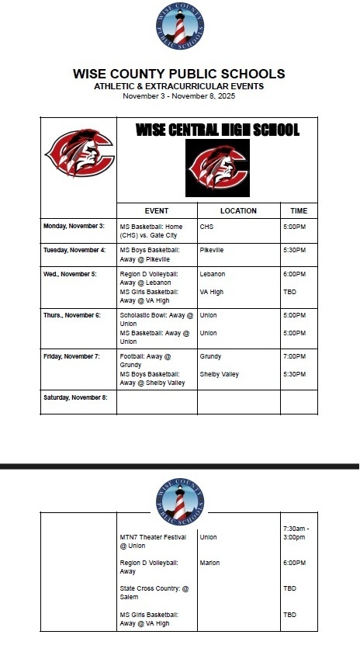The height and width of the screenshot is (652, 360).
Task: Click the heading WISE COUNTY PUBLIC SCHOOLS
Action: [x=179, y=75]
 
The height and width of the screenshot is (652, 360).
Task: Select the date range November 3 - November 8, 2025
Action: [x=179, y=96]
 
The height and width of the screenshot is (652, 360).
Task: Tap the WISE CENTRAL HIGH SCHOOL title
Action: [x=217, y=130]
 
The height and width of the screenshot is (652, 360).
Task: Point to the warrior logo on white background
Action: [x=79, y=154]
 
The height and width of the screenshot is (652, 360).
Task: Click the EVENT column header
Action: [x=157, y=211]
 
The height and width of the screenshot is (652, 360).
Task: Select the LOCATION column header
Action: [x=238, y=211]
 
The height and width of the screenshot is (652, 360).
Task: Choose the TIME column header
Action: [x=299, y=211]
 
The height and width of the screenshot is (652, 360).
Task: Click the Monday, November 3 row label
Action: [x=74, y=226]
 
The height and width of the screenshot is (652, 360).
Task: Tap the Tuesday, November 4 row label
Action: [x=74, y=250]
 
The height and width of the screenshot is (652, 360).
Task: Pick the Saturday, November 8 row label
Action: [x=76, y=397]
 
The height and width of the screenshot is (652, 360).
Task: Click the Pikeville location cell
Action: [x=212, y=250]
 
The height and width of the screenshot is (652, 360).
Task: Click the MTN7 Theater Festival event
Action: [x=152, y=541]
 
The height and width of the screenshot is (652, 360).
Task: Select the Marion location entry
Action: [x=209, y=563]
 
